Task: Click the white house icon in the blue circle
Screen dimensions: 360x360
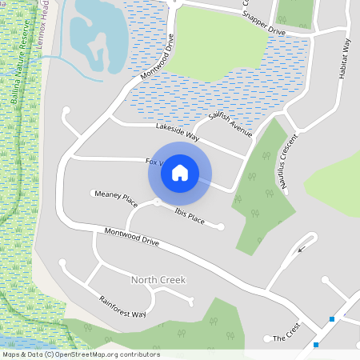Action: tap(180, 173)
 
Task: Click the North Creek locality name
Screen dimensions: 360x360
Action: tap(158, 280)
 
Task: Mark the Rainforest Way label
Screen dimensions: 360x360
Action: tap(122, 307)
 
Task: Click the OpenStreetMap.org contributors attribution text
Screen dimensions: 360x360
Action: tap(106, 354)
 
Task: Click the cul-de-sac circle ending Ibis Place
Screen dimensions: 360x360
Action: tap(220, 228)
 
